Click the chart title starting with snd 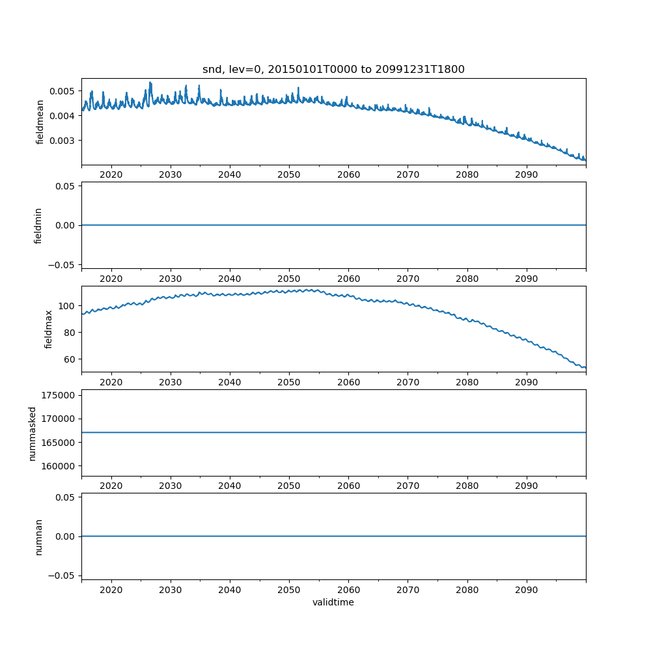[x=333, y=70]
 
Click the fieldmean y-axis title [x=40, y=122]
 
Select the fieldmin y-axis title [x=38, y=225]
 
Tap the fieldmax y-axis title [x=49, y=329]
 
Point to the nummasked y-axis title [x=32, y=433]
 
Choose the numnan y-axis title [x=38, y=536]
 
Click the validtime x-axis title [x=333, y=603]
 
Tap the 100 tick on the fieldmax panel [x=68, y=306]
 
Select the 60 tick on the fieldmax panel [x=70, y=359]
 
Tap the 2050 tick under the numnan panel [x=289, y=590]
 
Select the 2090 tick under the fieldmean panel [x=526, y=175]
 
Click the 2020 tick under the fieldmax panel [x=111, y=382]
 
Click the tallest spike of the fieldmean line [x=150, y=83]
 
